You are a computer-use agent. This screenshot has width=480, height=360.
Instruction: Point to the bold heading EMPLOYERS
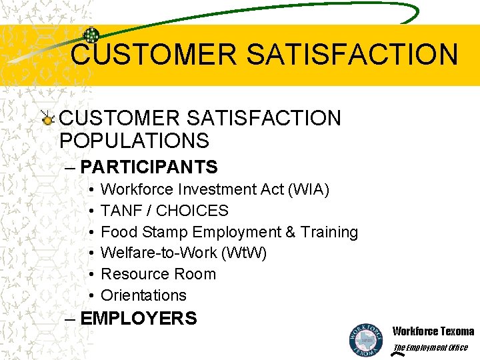(138, 318)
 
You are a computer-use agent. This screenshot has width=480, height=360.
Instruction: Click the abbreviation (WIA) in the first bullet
(307, 190)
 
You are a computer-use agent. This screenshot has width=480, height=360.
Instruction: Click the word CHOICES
(195, 211)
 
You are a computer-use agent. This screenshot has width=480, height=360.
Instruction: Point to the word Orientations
(143, 295)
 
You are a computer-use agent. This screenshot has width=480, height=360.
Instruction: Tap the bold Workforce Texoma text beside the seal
(433, 331)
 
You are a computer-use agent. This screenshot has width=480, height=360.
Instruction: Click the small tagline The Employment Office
(431, 347)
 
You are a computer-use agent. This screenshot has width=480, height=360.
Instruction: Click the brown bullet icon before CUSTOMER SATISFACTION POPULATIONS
(47, 119)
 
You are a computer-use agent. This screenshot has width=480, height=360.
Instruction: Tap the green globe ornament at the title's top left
(91, 35)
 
